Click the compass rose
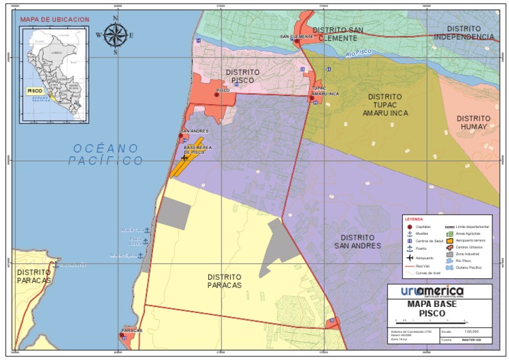click(x=115, y=34)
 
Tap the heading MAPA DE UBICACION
click(x=54, y=20)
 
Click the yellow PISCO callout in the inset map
click(x=35, y=90)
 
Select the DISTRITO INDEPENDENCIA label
click(x=464, y=32)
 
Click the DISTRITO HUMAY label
click(x=472, y=123)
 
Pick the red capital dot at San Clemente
click(x=297, y=41)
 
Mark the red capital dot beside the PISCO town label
click(x=216, y=95)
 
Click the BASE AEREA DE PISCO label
click(x=198, y=149)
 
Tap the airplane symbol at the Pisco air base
click(x=185, y=157)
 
